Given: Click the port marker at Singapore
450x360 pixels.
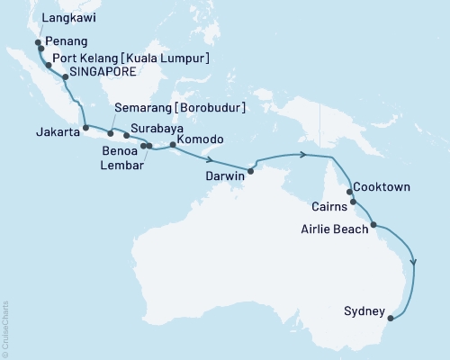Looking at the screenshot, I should point(67,77).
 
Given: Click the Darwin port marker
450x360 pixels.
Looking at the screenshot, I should point(251,171).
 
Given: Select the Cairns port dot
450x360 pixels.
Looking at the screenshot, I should point(354,202).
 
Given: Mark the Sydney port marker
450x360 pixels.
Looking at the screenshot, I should point(390,316).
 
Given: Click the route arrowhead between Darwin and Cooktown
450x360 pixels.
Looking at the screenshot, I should point(304,155).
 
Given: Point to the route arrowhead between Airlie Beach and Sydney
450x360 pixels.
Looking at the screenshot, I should point(414,262).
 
